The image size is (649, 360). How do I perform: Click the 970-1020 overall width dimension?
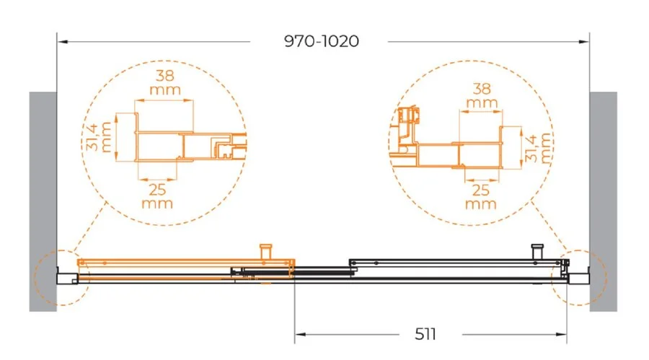[x=322, y=41]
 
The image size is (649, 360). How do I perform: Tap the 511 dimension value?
[x=425, y=334]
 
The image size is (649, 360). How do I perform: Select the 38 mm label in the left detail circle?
[x=165, y=82]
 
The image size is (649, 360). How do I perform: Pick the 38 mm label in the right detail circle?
[x=482, y=95]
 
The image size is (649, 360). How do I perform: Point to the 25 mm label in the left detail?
[x=157, y=196]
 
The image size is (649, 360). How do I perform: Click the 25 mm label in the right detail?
[x=480, y=196]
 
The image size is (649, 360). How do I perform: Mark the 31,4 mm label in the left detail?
[x=100, y=137]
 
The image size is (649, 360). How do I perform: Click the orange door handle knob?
[x=265, y=252]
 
